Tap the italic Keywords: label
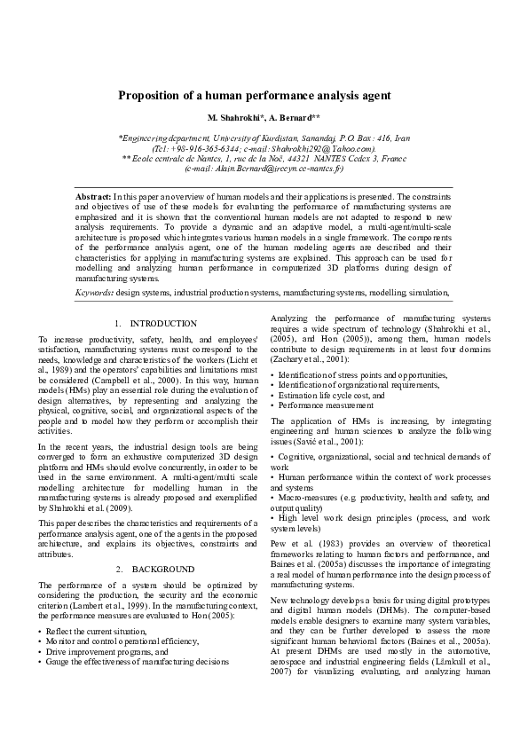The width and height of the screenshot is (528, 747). (x=95, y=291)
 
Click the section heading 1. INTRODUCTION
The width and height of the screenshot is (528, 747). (x=155, y=324)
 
